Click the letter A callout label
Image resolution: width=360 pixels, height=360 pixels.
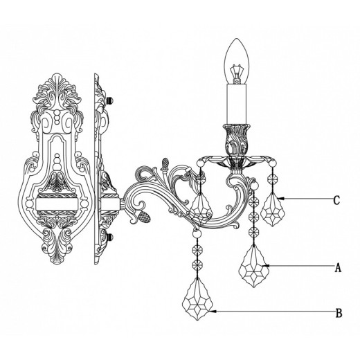(338, 268)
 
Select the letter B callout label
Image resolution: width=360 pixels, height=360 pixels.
(339, 313)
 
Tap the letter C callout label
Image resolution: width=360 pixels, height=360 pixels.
(336, 200)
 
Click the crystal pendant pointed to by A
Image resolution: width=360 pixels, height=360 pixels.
(253, 266)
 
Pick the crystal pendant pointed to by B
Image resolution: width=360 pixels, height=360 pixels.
(197, 299)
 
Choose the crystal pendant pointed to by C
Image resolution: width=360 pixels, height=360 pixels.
(273, 209)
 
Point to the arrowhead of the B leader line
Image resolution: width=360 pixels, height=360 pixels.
(213, 312)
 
